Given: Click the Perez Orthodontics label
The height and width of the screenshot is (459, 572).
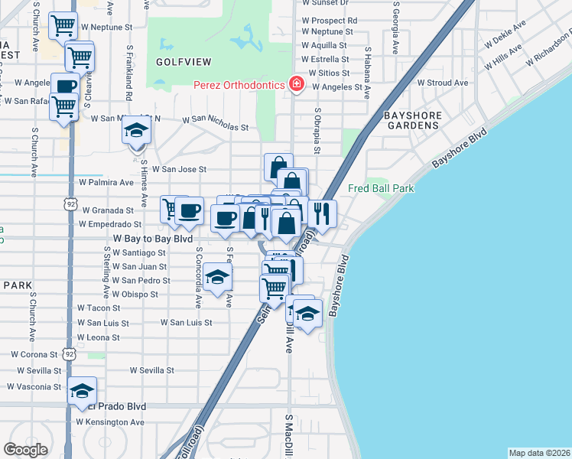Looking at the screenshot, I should click(x=239, y=85).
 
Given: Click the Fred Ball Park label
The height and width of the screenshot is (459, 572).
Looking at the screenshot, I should click(x=381, y=188).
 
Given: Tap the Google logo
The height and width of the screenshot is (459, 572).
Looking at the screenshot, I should click(x=25, y=450).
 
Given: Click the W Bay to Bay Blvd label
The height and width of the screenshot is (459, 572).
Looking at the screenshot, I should click(x=151, y=239).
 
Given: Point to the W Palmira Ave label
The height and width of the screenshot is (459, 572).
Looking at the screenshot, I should click(x=106, y=183).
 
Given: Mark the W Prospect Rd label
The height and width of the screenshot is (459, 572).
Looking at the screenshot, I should click(x=330, y=21).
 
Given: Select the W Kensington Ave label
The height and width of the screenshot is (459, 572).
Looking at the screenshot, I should click(x=111, y=422).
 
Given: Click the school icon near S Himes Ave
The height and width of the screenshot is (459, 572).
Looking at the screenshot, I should click(x=136, y=131).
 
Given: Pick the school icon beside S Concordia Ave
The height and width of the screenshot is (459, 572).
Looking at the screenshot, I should click(x=218, y=278).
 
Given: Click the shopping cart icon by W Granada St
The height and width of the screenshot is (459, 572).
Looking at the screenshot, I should click(x=174, y=208).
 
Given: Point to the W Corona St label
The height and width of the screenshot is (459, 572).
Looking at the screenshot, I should click(x=34, y=355).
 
